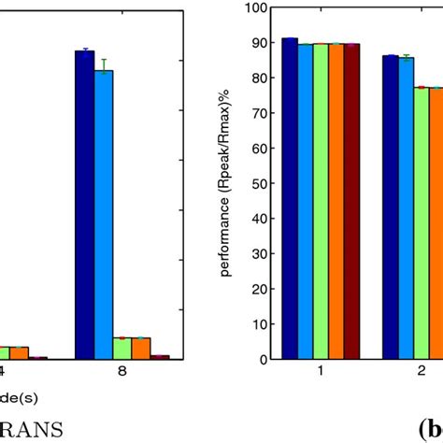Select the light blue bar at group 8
click(103, 214)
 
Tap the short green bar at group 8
click(121, 348)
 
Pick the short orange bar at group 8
click(141, 348)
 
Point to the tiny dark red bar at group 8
click(160, 356)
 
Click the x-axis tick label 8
click(122, 372)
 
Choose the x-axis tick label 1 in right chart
click(321, 372)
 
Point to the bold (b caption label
click(429, 428)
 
